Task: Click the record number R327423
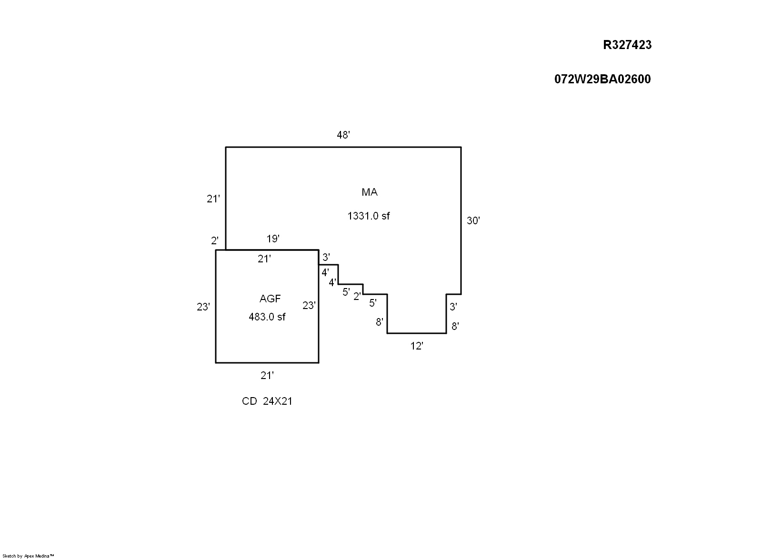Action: [627, 45]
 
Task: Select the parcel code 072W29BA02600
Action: [602, 79]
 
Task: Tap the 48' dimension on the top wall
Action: [343, 135]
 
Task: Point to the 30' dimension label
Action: [473, 221]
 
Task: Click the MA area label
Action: [370, 192]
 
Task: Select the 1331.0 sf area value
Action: [369, 216]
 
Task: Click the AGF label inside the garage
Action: [270, 299]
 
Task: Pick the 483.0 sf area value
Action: [267, 317]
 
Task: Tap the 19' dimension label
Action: [273, 239]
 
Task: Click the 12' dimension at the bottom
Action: [417, 346]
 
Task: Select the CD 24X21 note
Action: [267, 401]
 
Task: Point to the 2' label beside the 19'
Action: [215, 241]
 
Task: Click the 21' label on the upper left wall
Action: [213, 199]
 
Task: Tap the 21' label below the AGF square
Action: [267, 376]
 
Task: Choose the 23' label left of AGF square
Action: [203, 307]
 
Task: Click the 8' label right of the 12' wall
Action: [455, 327]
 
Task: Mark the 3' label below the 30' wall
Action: [453, 307]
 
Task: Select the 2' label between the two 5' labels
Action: [357, 297]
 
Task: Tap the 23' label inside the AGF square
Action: [309, 306]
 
